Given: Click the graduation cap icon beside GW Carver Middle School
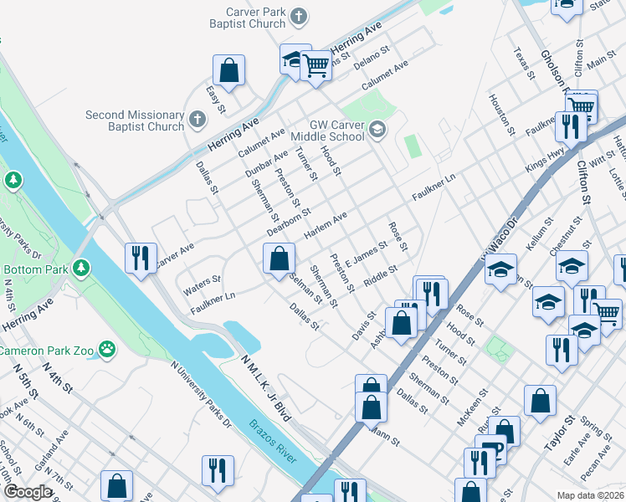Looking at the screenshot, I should pos(377,128).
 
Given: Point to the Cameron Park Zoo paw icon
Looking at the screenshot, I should pos(107,347).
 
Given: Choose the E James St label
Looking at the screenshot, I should pos(367,252).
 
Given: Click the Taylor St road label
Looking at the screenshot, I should pos(559,433).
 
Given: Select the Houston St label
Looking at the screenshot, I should pos(501,111).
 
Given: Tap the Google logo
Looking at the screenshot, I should pos(28,492).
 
